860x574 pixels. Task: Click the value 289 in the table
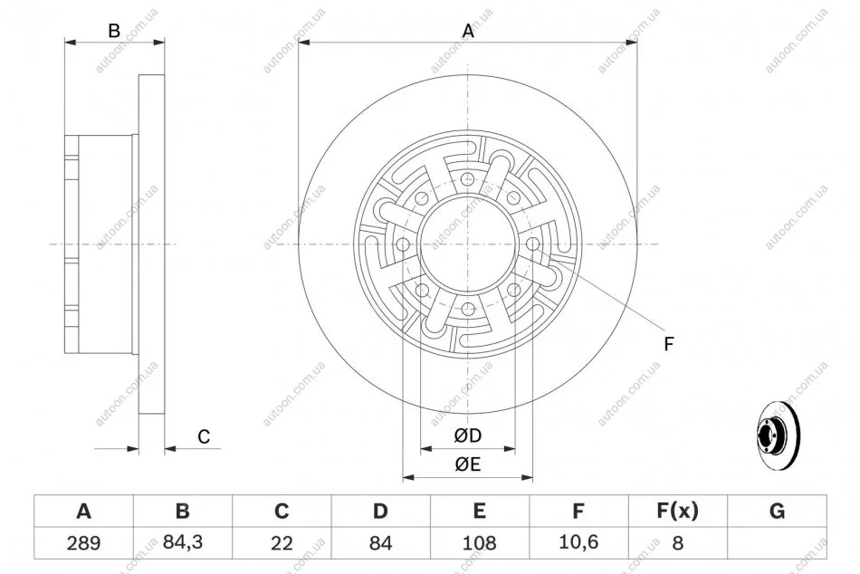[x=83, y=542]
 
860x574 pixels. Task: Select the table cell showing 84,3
[x=183, y=542]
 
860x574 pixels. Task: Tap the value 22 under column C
[x=282, y=542]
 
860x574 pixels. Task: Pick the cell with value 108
[x=480, y=542]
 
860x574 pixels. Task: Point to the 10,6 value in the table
[x=578, y=542]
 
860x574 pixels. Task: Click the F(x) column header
[x=677, y=511]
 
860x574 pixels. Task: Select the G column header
[x=777, y=511]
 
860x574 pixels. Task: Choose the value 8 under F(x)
[x=678, y=542]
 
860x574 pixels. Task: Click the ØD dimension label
[x=468, y=435]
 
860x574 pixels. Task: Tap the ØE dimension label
[x=468, y=464]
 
